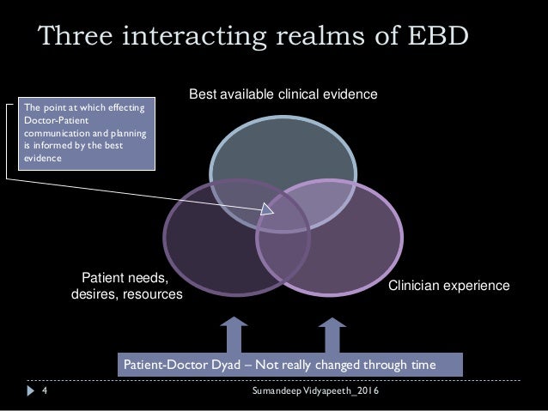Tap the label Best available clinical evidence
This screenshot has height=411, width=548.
click(283, 93)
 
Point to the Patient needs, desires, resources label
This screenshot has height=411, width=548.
click(125, 287)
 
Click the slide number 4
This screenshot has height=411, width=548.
click(44, 391)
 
